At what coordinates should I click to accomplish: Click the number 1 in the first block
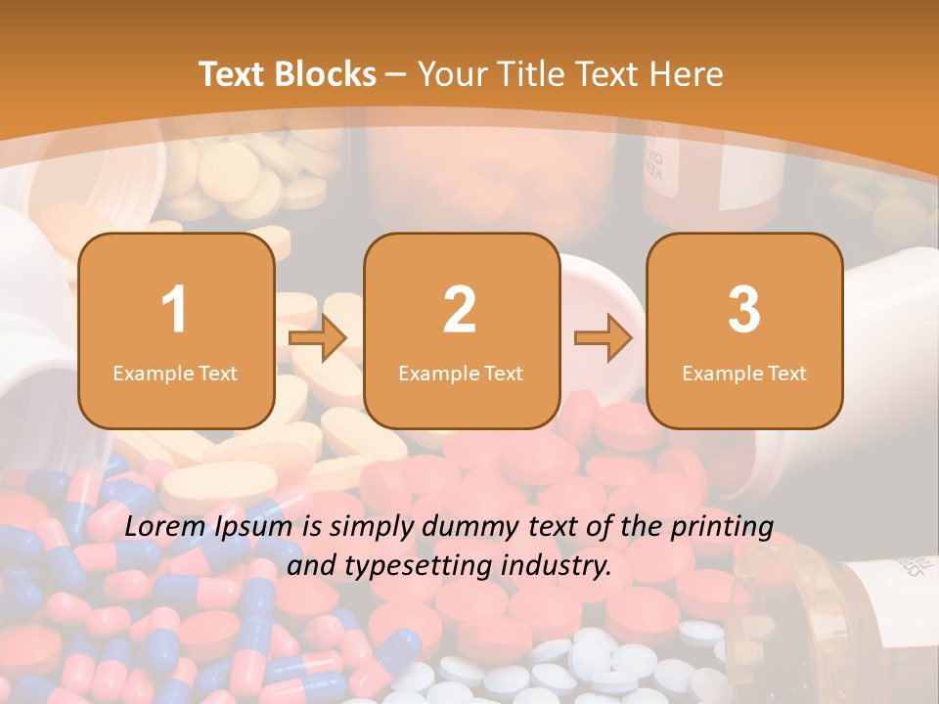175,310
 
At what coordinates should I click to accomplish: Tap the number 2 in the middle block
460,310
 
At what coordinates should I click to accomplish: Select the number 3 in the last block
744,310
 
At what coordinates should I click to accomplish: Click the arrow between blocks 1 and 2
318,339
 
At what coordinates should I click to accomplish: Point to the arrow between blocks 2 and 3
603,339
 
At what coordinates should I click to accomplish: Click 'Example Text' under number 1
175,374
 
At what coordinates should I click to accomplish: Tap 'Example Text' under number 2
461,374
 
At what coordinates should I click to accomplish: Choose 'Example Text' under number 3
744,374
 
